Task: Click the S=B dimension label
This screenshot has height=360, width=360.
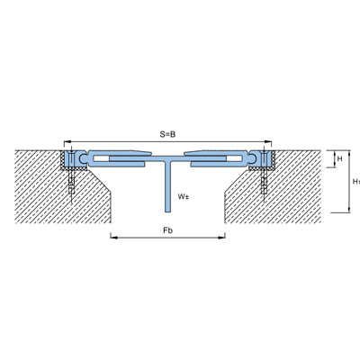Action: (167, 134)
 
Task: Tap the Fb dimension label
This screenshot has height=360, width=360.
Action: (168, 230)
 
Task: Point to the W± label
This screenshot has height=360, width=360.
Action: (184, 197)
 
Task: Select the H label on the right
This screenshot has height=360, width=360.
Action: (339, 158)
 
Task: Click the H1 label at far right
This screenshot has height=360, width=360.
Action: (356, 181)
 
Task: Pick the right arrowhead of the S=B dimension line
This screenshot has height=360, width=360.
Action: (268, 141)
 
